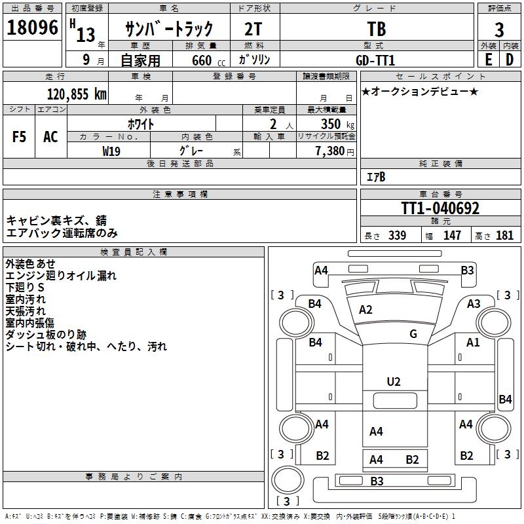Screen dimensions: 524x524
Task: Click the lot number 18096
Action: click(33, 28)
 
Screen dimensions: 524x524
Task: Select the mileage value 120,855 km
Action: click(77, 94)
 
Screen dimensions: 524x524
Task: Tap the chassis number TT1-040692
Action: click(440, 208)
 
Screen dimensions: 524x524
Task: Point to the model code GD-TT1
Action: click(375, 60)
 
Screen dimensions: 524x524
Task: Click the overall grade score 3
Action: click(499, 29)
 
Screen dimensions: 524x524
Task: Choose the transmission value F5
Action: click(20, 137)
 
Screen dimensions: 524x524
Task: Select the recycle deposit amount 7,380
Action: click(330, 151)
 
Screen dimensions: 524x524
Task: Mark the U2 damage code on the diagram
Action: click(394, 381)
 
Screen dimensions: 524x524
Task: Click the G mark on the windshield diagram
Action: click(413, 334)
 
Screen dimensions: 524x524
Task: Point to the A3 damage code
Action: click(474, 303)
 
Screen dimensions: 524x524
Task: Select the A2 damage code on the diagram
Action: click(365, 310)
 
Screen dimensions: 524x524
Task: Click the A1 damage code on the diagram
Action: click(473, 342)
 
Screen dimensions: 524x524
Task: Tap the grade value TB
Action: click(377, 29)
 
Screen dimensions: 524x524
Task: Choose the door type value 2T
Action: click(255, 29)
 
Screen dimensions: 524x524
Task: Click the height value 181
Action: click(505, 236)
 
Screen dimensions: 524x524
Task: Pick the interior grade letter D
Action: click(509, 60)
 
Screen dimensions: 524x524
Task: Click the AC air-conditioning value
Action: click(50, 137)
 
